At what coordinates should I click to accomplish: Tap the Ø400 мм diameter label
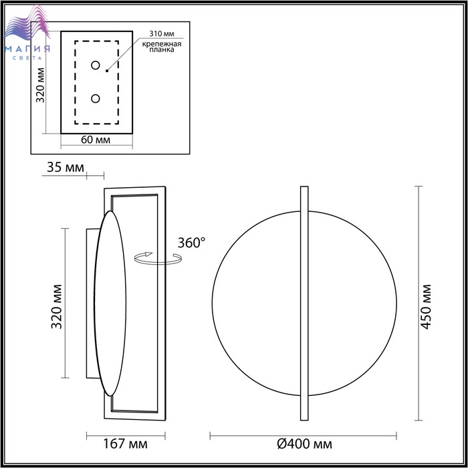click(304, 444)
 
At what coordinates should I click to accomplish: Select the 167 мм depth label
click(125, 444)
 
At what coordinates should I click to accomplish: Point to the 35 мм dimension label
click(66, 167)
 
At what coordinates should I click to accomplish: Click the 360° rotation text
click(192, 243)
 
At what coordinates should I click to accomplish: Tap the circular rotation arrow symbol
click(158, 259)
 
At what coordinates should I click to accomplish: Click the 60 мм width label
click(96, 140)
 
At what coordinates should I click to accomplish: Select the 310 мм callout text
click(162, 33)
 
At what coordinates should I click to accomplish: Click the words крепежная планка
click(162, 47)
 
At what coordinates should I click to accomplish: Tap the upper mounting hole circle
click(96, 65)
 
